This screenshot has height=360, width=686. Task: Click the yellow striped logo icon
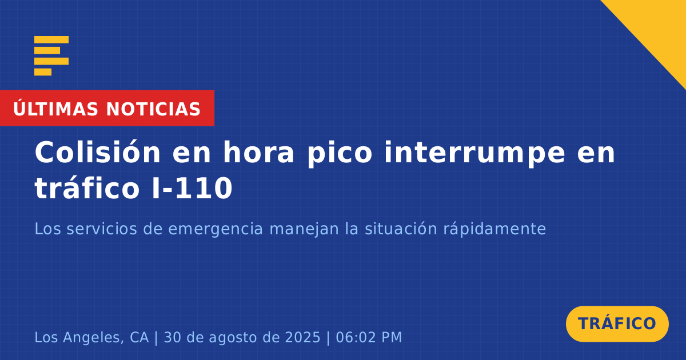(51, 56)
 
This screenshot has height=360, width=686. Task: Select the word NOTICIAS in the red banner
(153, 109)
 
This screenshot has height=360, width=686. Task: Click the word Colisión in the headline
(97, 152)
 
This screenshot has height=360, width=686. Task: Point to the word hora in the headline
(258, 152)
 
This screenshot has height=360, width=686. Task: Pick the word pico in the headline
(340, 154)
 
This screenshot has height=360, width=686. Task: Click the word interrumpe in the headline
(474, 154)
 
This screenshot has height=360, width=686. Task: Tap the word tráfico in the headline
(87, 187)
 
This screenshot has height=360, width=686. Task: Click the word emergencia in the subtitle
(216, 230)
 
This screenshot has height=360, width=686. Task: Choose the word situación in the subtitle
(401, 229)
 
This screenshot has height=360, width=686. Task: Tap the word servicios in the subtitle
(102, 229)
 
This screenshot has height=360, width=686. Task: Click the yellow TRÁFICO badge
(617, 323)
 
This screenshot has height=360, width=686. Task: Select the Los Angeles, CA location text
(91, 337)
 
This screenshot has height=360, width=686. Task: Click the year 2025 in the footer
(302, 337)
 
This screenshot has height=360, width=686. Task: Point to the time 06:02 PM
(369, 337)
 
